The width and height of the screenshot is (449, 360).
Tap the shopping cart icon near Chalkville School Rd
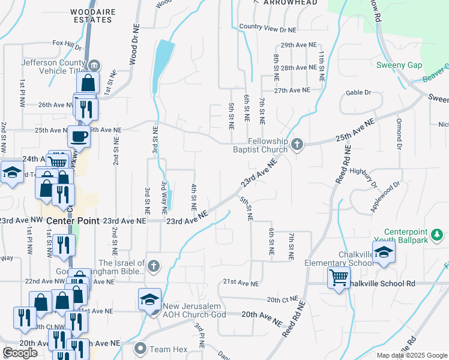[339, 278]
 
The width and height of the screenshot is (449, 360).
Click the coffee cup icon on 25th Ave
[79, 136]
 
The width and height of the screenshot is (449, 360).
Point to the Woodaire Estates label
[91, 16]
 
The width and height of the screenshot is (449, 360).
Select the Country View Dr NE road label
[268, 28]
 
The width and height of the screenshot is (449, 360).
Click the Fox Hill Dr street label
[67, 44]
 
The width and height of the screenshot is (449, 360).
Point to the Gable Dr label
[359, 93]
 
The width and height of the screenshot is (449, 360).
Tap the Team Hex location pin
[141, 348]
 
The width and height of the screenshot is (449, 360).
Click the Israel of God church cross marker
[154, 265]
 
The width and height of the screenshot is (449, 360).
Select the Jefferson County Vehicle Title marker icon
[94, 65]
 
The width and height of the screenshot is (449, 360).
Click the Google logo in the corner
[20, 353]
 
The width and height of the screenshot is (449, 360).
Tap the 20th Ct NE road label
[282, 299]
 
